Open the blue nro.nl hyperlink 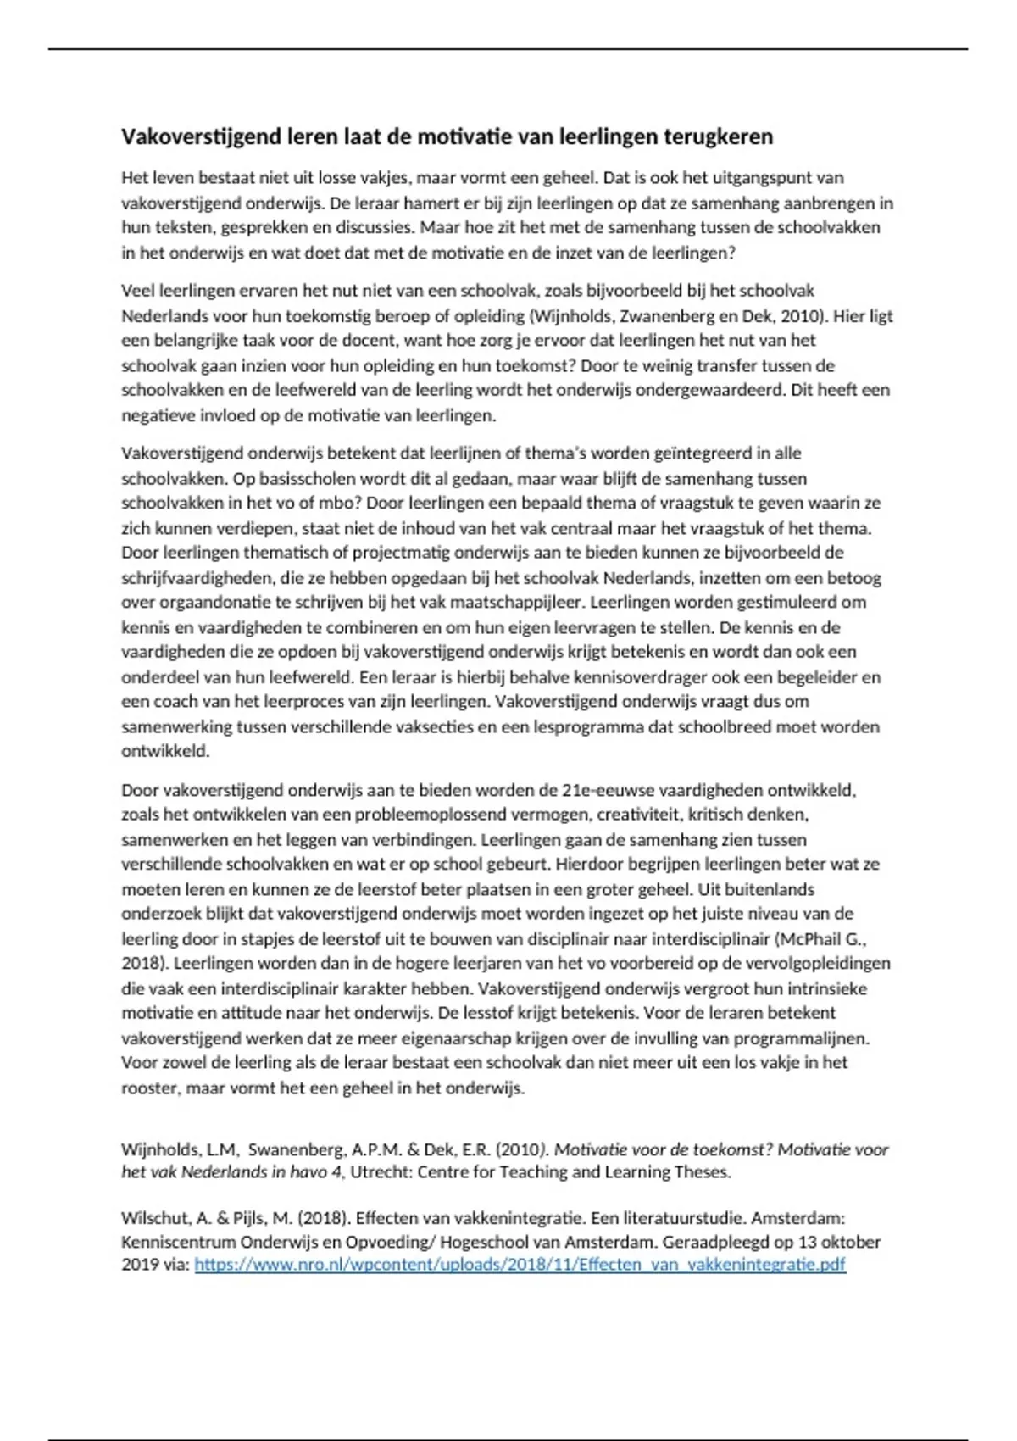tap(520, 1265)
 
